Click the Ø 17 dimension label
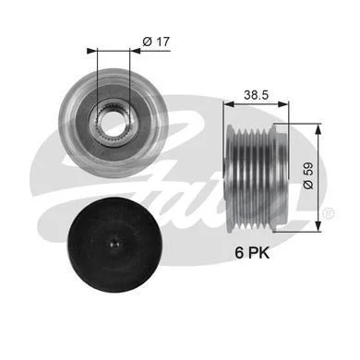tap(156, 42)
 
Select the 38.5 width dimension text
tap(256, 95)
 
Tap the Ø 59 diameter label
tap(308, 175)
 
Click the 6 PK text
tap(252, 253)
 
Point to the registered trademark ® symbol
tap(328, 213)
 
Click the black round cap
tap(115, 245)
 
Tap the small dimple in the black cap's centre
tap(115, 245)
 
